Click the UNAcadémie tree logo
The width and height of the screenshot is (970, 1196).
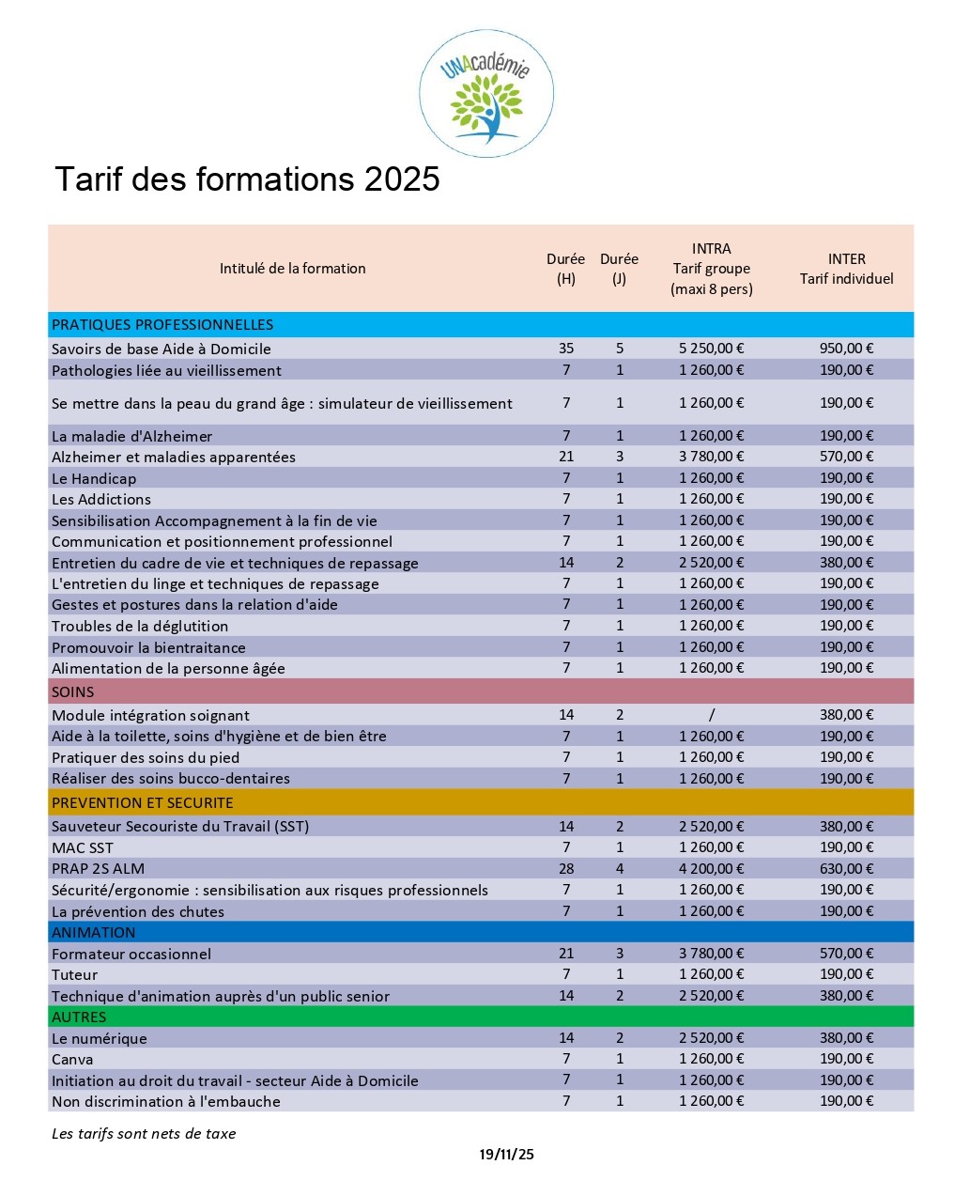coord(485,94)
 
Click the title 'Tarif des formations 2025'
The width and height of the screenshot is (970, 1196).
coord(247,179)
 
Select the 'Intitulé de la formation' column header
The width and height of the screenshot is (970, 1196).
coord(292,269)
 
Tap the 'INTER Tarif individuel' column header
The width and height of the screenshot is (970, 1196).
coord(846,269)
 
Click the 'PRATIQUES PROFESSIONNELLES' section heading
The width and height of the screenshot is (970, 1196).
coord(162,325)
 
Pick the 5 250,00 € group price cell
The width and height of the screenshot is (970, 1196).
coord(711,349)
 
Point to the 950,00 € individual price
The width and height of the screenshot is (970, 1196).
coord(846,349)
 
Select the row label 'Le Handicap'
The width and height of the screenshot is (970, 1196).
coord(94,478)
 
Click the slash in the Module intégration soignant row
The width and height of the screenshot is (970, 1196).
coord(712,715)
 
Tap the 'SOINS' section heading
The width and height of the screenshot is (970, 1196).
coord(73,692)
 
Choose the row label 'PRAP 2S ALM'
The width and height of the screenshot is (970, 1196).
coord(99,869)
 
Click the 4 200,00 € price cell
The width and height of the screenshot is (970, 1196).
coord(711,869)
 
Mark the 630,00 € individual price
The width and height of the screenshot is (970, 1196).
coord(846,869)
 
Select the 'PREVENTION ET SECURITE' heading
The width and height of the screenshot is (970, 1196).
coord(143,803)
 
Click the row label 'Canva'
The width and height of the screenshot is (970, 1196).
coord(72,1060)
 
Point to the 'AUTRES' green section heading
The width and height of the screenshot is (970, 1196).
coord(79,1017)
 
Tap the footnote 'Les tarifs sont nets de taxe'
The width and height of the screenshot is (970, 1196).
coord(144,1134)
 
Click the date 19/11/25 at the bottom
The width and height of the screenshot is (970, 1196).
coord(506,1155)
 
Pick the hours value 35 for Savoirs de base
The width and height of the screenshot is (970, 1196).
coord(566,349)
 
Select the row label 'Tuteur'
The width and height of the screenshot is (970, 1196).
coord(74,975)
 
